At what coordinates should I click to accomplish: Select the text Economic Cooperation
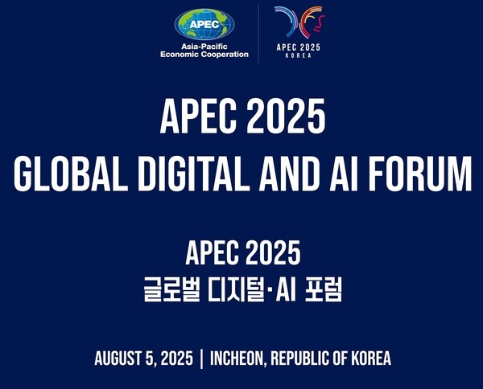[204, 55]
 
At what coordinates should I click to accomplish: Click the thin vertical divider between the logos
[258, 32]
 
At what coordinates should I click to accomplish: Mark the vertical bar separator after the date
[201, 358]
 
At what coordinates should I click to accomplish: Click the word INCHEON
[238, 358]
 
